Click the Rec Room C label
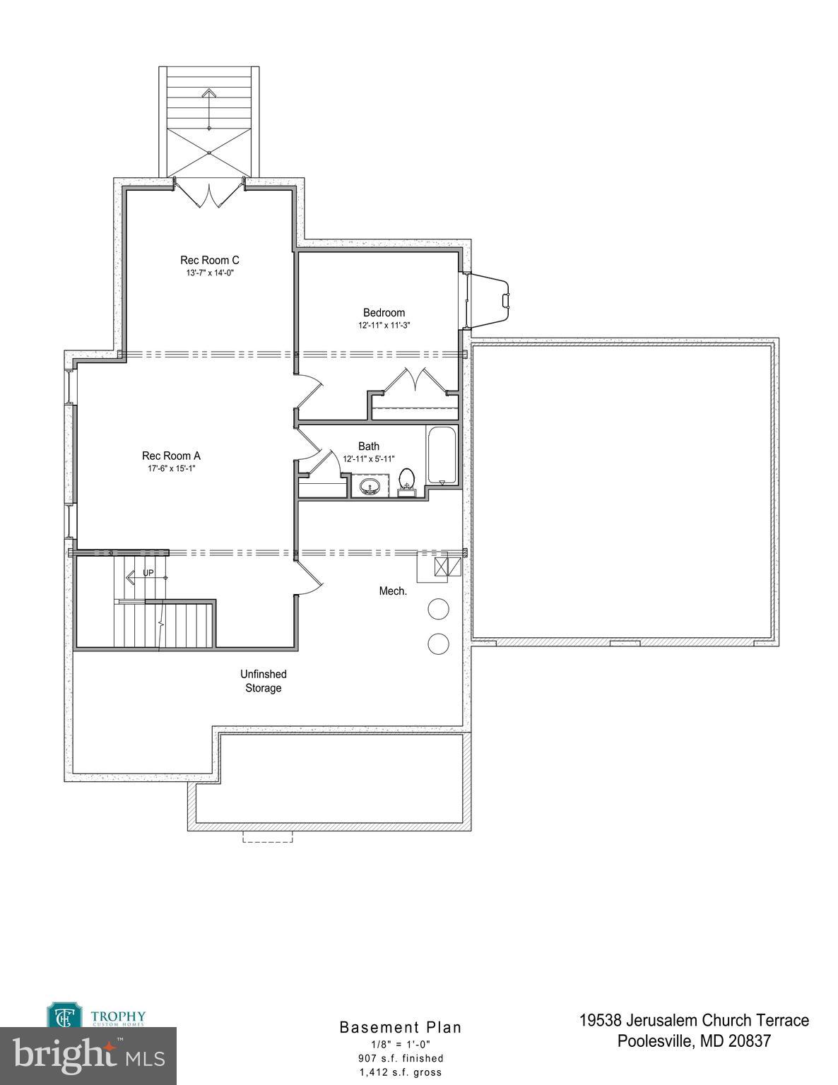[209, 260]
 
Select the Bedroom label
[384, 312]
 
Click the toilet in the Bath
[406, 481]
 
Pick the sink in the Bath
[370, 487]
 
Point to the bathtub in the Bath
[442, 455]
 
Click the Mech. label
[393, 591]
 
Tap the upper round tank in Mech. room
[438, 609]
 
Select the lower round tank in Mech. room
[438, 643]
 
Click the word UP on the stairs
[148, 573]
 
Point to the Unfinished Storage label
[264, 681]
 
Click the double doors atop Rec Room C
[209, 194]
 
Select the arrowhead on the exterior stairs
[209, 93]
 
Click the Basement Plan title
[401, 1027]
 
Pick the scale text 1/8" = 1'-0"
[401, 1044]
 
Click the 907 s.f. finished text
[401, 1058]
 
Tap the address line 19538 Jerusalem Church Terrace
[694, 1020]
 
